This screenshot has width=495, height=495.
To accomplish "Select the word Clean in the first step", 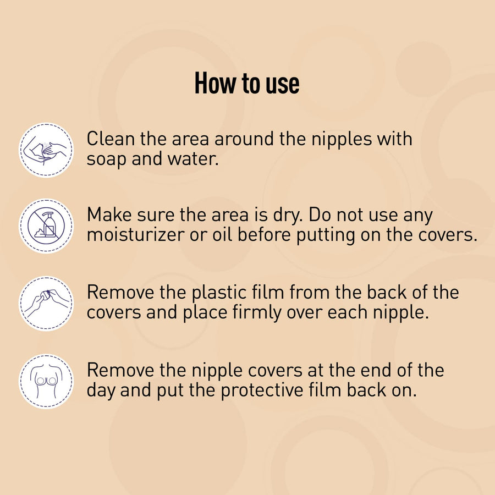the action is [111, 139].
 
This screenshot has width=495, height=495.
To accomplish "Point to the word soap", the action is [106, 159].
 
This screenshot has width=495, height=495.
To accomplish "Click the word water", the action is [193, 158].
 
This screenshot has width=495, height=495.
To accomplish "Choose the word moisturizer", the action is [136, 235].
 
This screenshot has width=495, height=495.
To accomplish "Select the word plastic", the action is [219, 293].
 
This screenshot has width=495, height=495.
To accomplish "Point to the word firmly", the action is [257, 313].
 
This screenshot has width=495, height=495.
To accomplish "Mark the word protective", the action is [262, 391].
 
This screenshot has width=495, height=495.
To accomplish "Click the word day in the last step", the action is [101, 391].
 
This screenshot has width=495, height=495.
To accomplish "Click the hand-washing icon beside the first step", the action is [46, 150].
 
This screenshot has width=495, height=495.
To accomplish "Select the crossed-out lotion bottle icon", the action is [46, 226].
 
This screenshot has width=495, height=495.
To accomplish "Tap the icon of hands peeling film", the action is [46, 304].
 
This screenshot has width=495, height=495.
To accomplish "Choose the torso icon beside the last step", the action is [46, 381].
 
